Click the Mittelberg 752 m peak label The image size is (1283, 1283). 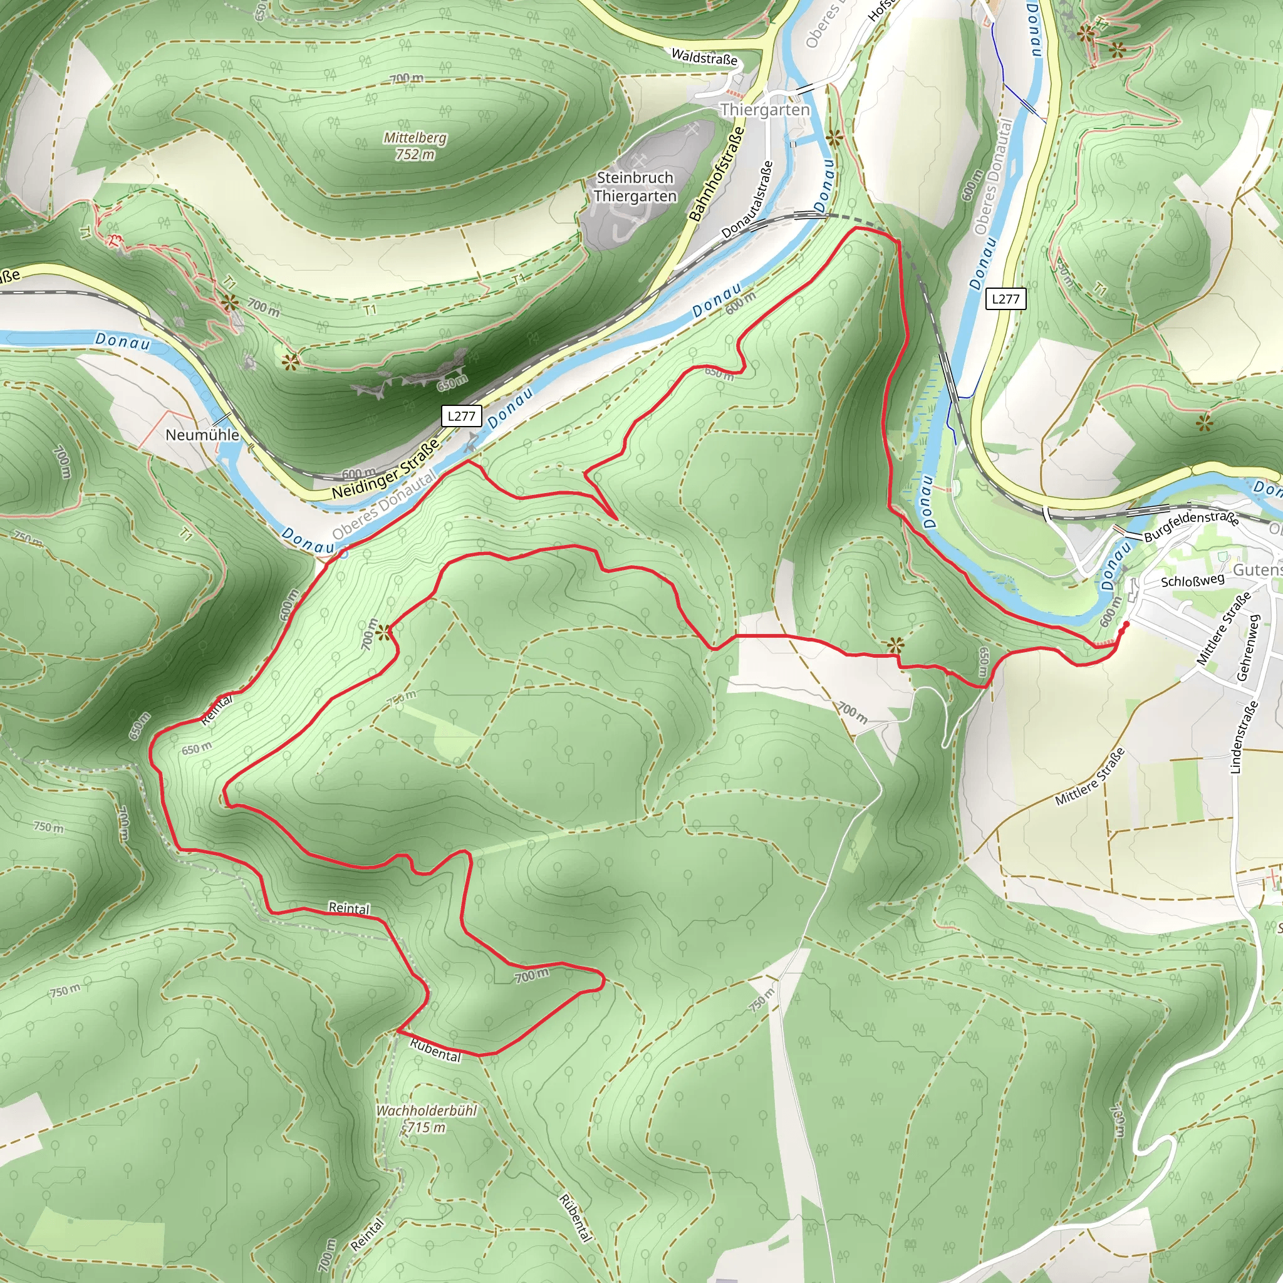click(x=415, y=146)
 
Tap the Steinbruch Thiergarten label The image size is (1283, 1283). click(x=635, y=187)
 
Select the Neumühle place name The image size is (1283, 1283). click(x=202, y=435)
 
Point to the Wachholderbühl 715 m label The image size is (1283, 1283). click(x=427, y=1119)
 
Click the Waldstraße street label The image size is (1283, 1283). click(x=704, y=57)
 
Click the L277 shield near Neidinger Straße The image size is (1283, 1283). click(x=461, y=417)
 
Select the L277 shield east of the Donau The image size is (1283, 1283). click(x=1005, y=299)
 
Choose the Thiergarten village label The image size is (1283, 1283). click(x=765, y=110)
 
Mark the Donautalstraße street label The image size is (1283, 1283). click(x=748, y=199)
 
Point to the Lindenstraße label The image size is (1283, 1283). click(x=1240, y=737)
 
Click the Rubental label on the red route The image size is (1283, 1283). click(x=435, y=1050)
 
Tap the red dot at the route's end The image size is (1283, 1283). click(x=1126, y=625)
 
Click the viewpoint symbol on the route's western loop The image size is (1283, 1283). click(x=383, y=633)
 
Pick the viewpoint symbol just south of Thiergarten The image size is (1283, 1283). click(x=834, y=138)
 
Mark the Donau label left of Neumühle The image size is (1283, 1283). click(x=123, y=341)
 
